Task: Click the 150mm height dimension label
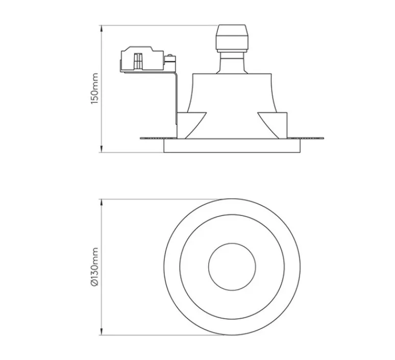(x=94, y=88)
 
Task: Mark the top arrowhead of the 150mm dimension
(x=102, y=27)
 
